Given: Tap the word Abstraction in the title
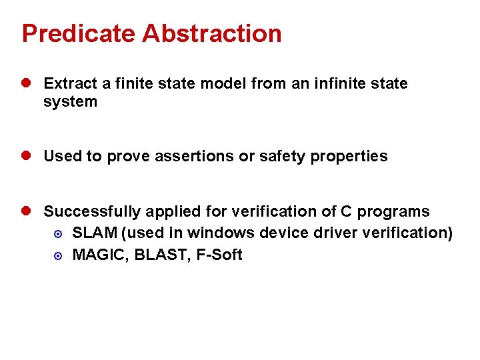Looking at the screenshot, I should (x=212, y=33).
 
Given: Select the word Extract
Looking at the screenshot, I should (x=70, y=84).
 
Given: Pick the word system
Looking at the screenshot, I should (x=70, y=102).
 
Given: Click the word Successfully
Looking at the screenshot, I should (x=93, y=212).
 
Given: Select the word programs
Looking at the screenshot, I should (x=393, y=212).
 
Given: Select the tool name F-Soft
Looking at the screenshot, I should (x=219, y=255).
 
